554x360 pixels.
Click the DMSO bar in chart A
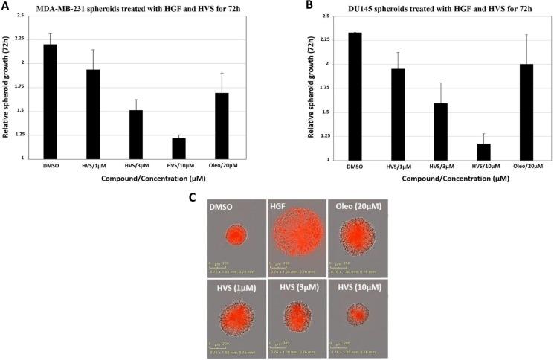(x=50, y=101)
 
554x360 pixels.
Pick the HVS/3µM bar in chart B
(x=440, y=131)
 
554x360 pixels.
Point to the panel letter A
(x=6, y=6)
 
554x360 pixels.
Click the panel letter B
(x=286, y=6)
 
